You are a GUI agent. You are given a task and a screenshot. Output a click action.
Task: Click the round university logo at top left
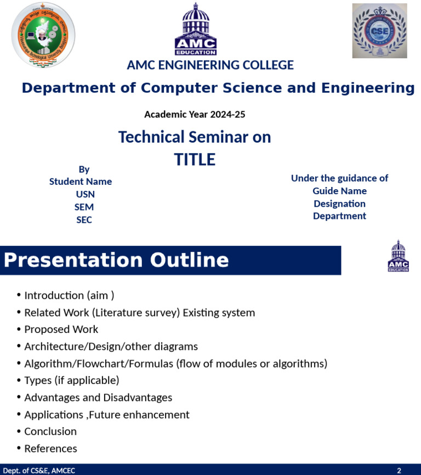pos(43,35)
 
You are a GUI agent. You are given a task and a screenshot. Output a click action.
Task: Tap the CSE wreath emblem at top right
pos(379,31)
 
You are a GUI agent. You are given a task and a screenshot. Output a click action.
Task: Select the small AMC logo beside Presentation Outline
pos(398,256)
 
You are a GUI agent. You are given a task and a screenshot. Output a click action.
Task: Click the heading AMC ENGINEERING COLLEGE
pos(210,65)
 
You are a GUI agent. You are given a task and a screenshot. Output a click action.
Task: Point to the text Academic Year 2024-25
pos(195,115)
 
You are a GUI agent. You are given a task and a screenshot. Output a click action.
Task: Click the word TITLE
pos(195,160)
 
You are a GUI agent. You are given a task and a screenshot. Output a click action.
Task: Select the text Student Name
pos(81,182)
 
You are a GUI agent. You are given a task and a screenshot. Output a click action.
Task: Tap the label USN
pos(85,194)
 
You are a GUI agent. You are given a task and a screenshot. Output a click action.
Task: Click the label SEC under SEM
pos(84,220)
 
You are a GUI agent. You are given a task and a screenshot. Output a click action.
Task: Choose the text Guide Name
pos(339,191)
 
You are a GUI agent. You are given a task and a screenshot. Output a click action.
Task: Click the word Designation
pos(339,203)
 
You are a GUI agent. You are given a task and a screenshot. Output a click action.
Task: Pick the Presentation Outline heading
pos(116,260)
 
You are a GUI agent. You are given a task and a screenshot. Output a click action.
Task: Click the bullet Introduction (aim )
pos(69,296)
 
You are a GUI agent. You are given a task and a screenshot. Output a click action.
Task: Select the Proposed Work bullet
pos(61,330)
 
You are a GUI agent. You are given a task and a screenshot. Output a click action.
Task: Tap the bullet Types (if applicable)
pos(71,381)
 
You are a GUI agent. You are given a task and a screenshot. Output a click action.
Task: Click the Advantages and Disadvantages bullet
pos(98,398)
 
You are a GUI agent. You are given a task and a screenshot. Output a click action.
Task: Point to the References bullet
pos(50,449)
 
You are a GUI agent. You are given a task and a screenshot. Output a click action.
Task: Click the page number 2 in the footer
pos(399,471)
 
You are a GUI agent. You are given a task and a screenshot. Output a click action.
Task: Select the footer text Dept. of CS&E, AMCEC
pos(39,471)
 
